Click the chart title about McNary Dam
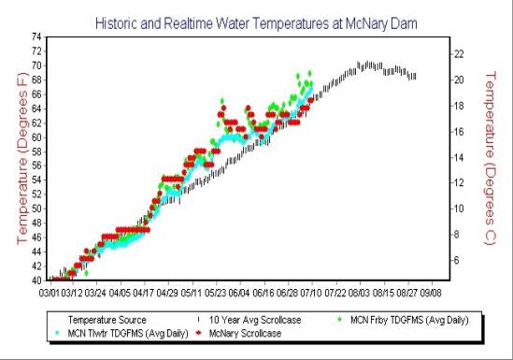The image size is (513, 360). coord(256,19)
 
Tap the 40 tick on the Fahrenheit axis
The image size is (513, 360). coord(37,280)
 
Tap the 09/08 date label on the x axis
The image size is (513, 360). coord(431,292)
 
